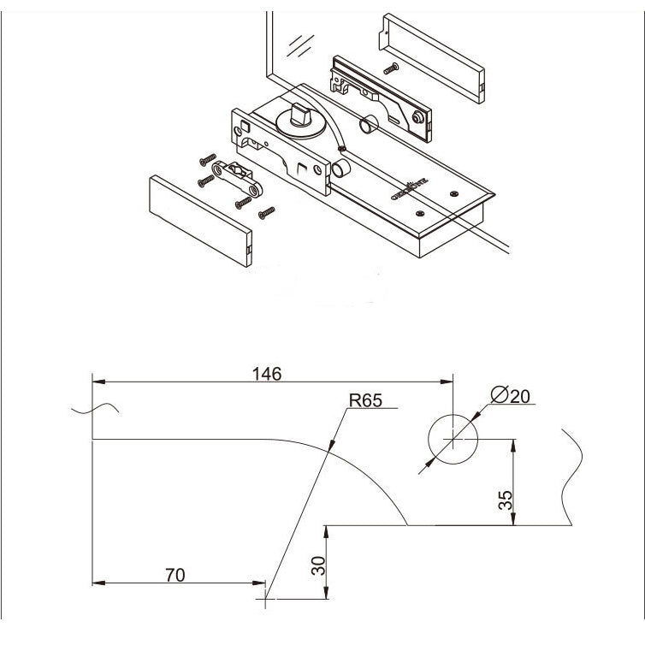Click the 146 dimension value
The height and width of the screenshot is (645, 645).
(266, 373)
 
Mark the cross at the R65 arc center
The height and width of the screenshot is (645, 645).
(267, 602)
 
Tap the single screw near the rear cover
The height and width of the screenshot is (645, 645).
(392, 67)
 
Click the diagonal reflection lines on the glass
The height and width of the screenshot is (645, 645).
(299, 42)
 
